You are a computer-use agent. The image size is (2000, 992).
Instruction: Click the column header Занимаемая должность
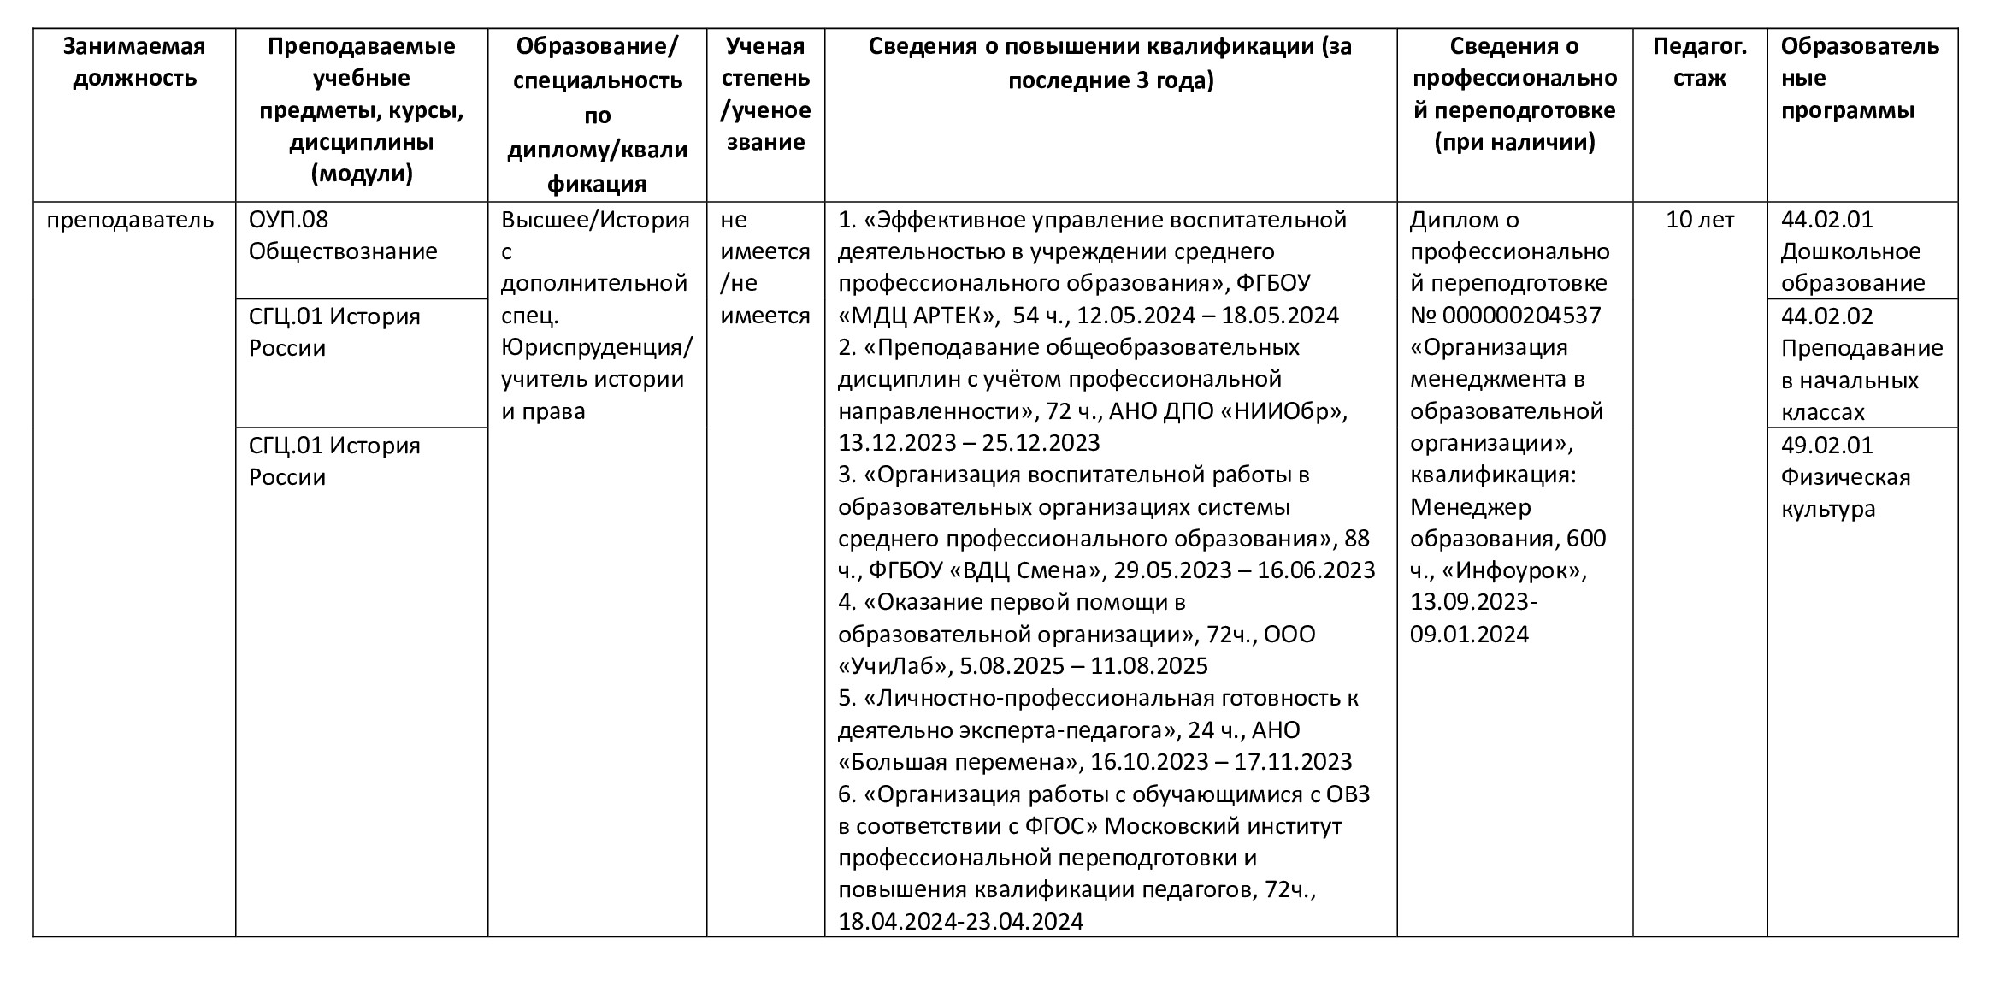[134, 62]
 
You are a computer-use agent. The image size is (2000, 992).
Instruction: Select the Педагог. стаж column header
[1699, 62]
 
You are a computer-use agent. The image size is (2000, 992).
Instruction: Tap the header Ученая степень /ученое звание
[765, 94]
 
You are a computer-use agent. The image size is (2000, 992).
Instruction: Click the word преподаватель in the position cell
[130, 220]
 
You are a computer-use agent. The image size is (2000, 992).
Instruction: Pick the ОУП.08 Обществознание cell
[343, 236]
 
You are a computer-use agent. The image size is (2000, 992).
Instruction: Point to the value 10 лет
[1699, 220]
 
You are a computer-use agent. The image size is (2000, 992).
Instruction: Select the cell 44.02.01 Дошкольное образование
[1852, 251]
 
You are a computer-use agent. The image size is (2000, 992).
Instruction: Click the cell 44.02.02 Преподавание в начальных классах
[1861, 364]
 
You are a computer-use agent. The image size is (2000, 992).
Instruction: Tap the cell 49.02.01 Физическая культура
[1844, 476]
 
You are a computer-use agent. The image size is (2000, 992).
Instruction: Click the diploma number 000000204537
[1521, 316]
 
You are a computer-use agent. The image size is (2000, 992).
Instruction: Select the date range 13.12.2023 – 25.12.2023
[969, 443]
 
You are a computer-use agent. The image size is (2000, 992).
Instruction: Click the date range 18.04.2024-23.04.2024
[960, 921]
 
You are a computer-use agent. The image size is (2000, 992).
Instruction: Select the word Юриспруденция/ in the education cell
[597, 348]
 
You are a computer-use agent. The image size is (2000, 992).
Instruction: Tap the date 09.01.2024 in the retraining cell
[1469, 635]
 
